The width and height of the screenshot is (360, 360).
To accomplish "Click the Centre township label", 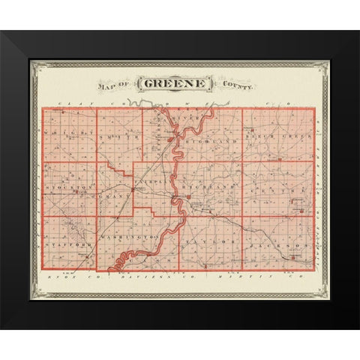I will pos(289,192).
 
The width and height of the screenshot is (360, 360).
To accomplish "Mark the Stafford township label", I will pos(67,244).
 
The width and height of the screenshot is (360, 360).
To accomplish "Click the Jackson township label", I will pos(285,244).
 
